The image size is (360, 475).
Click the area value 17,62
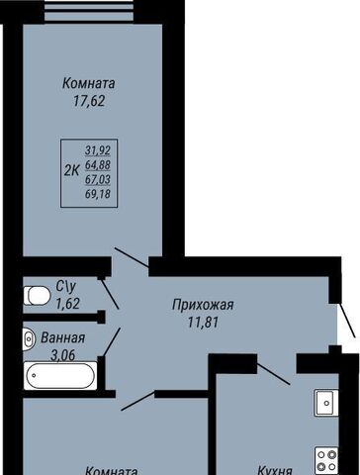tap(89, 101)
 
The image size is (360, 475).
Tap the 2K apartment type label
tap(72, 171)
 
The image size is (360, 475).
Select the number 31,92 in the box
tap(98, 150)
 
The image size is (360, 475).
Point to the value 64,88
tap(98, 165)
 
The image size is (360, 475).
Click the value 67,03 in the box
tap(98, 180)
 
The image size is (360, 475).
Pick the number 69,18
tap(98, 194)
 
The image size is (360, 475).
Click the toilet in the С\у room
tap(37, 295)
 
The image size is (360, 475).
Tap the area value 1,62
tap(68, 304)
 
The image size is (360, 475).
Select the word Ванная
tap(62, 338)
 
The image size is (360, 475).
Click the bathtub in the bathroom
tap(60, 376)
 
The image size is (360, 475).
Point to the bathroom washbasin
tap(29, 338)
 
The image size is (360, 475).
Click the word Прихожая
tap(203, 305)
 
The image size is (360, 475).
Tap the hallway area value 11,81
tap(204, 323)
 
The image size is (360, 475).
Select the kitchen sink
tap(326, 403)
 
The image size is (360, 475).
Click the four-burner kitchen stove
tap(326, 460)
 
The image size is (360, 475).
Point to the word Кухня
tap(275, 470)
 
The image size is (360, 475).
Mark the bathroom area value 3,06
tap(63, 355)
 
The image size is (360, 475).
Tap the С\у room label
tap(66, 287)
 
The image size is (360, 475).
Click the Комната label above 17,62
tap(89, 83)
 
